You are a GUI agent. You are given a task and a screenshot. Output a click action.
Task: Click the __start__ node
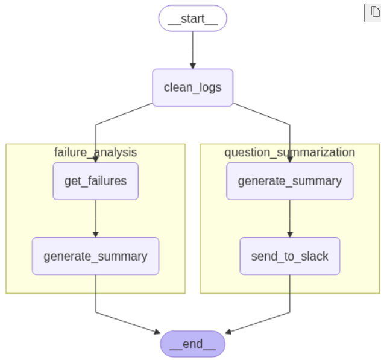[x=192, y=18]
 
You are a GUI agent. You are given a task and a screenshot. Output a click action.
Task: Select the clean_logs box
[x=192, y=87]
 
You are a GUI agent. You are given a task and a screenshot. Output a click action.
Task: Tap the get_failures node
[x=95, y=181]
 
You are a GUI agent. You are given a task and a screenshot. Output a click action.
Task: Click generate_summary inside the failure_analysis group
[x=95, y=256]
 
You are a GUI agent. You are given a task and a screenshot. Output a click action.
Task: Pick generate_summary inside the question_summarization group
[x=289, y=181]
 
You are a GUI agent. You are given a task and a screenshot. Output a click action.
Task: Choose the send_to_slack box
[x=289, y=256]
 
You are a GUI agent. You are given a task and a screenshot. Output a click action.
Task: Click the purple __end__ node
[x=192, y=344]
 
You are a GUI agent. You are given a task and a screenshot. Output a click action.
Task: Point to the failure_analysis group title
[x=95, y=152]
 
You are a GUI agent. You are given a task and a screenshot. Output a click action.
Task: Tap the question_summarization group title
[x=289, y=152]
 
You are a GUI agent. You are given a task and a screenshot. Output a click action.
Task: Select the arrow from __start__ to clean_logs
[x=192, y=48]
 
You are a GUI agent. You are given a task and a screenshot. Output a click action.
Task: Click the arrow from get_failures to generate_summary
[x=95, y=217]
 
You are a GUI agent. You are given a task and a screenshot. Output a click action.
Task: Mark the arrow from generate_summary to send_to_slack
[x=289, y=217]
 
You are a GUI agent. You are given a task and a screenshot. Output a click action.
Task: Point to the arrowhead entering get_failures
[x=95, y=159]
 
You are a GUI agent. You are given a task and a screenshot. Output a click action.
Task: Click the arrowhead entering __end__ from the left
[x=157, y=332]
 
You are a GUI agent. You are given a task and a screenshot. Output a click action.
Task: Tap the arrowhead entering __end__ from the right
[x=228, y=332]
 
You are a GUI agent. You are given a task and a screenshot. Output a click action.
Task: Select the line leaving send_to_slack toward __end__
[x=290, y=295]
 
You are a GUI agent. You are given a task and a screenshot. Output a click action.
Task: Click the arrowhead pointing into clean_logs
[x=192, y=66]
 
